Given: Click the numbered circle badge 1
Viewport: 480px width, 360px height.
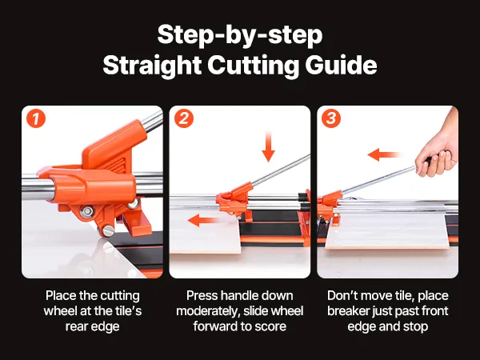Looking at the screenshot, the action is pos(36,118).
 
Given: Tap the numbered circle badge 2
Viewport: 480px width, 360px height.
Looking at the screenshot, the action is pos(184,118).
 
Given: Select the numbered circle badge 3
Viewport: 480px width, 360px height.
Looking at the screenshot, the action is pos(331,118).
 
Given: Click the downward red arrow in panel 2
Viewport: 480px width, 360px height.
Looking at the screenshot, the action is pos(269,146).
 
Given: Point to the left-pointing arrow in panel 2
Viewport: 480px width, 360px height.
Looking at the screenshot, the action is pos(203,220).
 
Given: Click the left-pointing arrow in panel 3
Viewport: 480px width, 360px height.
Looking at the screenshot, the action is pos(384,154).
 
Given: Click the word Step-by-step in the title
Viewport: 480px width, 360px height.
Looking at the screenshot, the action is pos(240,35).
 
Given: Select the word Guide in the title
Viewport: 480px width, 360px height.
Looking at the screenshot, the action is pos(341,65).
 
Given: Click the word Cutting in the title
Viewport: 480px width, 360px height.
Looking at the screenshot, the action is pos(253,66).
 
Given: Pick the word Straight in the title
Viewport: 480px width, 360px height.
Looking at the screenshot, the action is pos(152,66).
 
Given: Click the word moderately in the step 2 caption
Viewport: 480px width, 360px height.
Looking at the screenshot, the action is pos(207,312).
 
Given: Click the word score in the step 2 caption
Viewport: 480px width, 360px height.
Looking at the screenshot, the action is pos(270,326).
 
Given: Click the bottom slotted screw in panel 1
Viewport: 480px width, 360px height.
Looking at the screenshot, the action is pos(108,231).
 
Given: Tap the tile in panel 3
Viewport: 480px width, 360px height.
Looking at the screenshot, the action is pos(387,231).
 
